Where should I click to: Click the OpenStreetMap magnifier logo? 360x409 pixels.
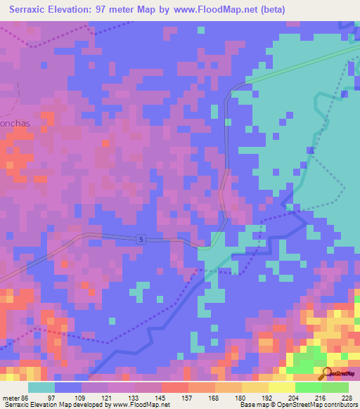[x=328, y=372]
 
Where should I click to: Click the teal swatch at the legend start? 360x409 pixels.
[x=41, y=387]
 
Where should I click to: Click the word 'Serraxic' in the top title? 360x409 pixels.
[x=27, y=10]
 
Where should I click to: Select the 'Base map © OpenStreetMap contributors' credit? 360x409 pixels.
[x=297, y=405]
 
